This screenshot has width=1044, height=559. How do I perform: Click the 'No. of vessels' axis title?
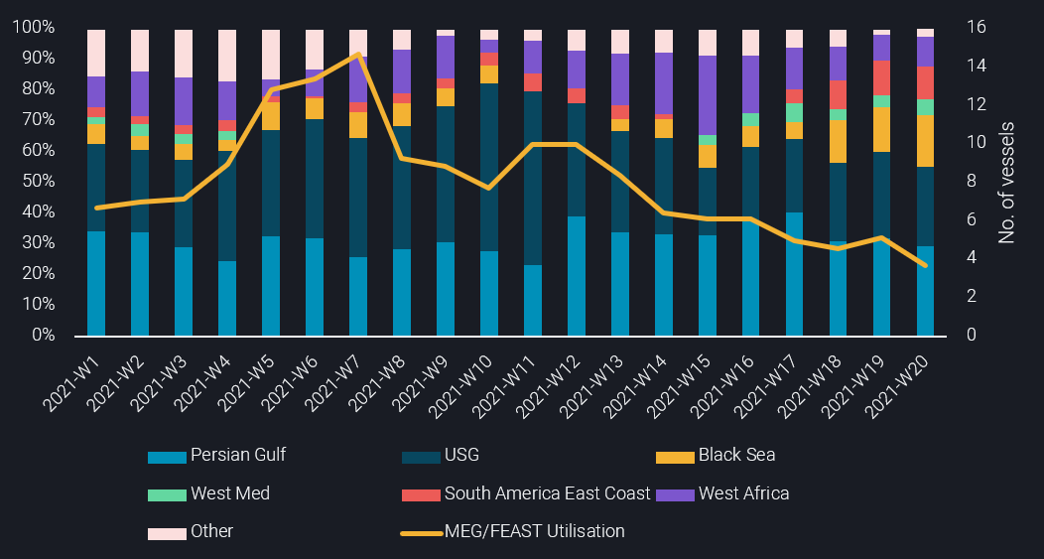[x=1007, y=182]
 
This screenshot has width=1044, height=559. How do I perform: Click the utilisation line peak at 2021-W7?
[x=357, y=55]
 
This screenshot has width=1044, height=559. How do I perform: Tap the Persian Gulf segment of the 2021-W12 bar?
[x=576, y=276]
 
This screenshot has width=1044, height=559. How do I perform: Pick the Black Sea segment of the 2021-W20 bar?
[x=925, y=141]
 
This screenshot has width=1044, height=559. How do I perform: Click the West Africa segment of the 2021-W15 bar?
[x=707, y=95]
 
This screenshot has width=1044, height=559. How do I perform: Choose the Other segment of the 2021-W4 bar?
[x=226, y=56]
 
